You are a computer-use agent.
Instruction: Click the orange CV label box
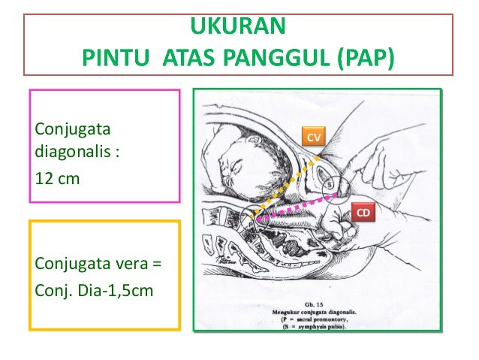[315, 137]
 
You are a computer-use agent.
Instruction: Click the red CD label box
[363, 213]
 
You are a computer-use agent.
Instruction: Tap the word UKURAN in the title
[238, 27]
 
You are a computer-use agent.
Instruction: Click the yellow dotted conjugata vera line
[289, 184]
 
